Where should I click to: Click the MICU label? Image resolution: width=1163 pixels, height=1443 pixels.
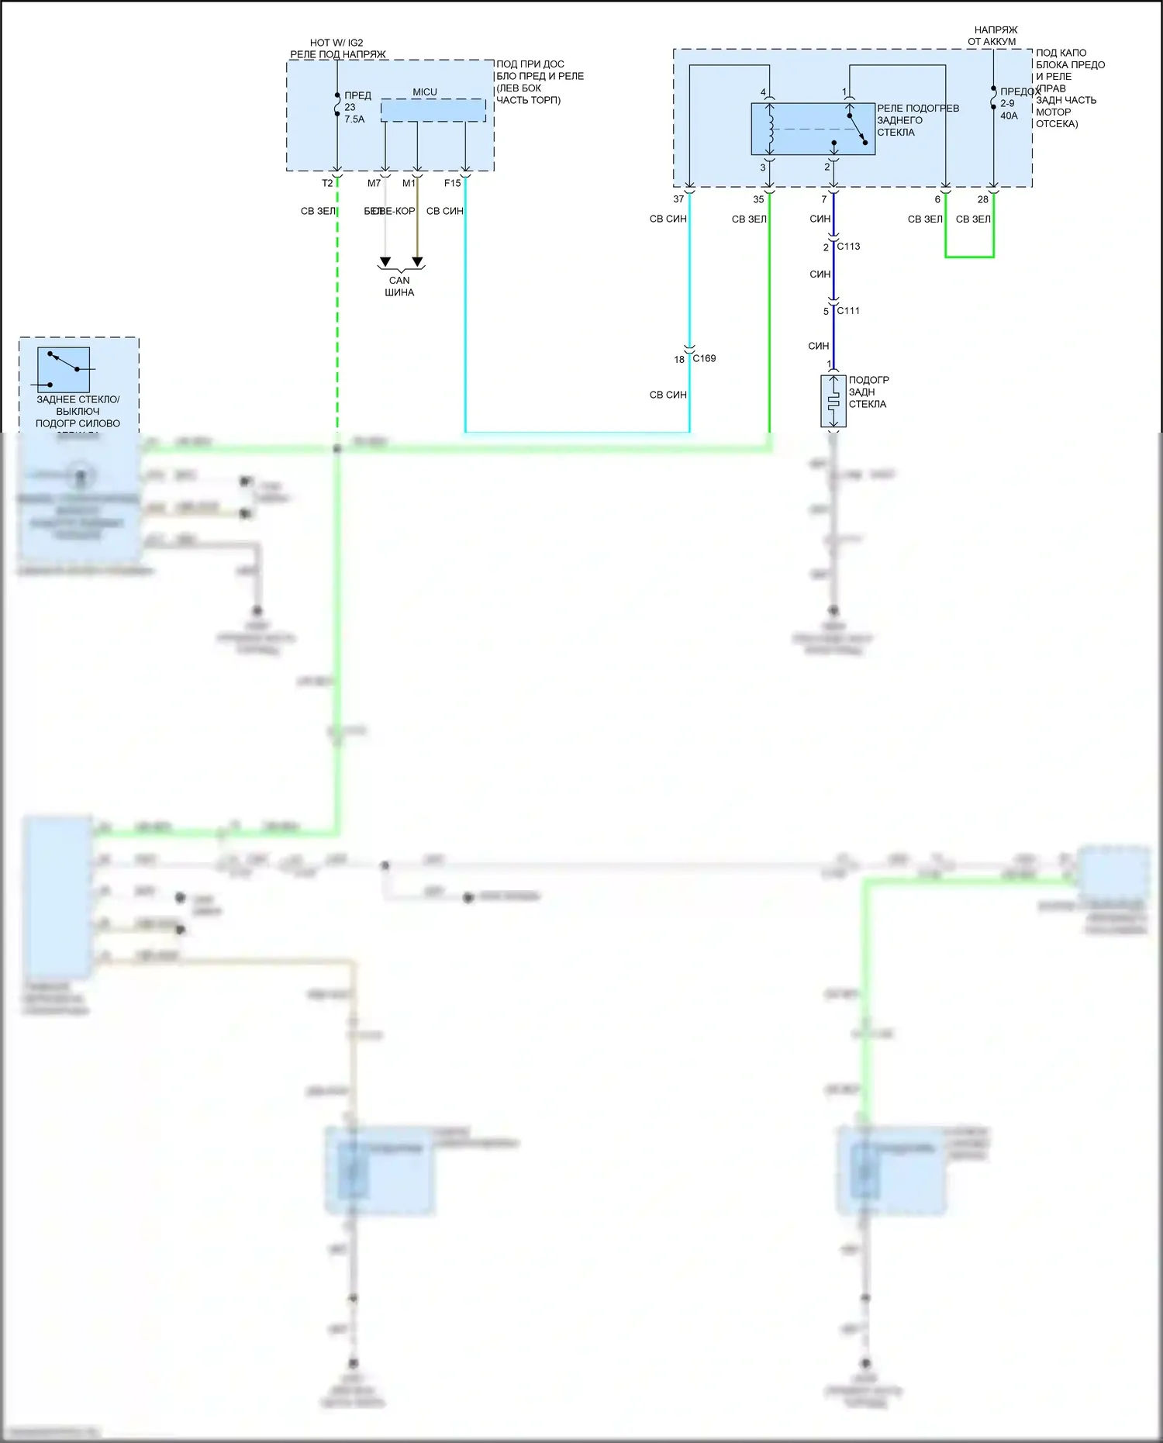click(x=424, y=92)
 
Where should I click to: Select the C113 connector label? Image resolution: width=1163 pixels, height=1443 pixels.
click(x=848, y=247)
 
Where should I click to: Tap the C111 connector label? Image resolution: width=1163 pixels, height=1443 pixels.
click(x=848, y=311)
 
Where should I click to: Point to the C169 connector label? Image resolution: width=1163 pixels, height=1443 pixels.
click(x=704, y=358)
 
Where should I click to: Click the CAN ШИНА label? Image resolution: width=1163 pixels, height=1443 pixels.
click(x=399, y=286)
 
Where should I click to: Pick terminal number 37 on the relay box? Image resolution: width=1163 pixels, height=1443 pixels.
click(x=678, y=199)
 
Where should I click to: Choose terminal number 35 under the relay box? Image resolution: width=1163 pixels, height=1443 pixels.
click(x=758, y=199)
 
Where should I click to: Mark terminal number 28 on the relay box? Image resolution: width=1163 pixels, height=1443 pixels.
click(x=982, y=199)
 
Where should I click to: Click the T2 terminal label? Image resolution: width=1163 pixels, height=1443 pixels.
click(x=327, y=184)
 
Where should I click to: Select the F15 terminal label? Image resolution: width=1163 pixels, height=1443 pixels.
click(x=452, y=184)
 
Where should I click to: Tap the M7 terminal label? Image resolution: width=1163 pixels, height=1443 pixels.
click(x=374, y=184)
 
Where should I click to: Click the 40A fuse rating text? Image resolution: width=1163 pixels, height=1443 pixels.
click(x=1009, y=116)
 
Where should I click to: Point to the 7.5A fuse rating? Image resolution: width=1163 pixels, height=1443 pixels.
click(x=354, y=119)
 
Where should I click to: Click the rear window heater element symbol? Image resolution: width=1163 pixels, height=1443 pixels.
click(x=833, y=402)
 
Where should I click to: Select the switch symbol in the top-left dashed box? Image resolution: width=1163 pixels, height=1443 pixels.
click(x=64, y=369)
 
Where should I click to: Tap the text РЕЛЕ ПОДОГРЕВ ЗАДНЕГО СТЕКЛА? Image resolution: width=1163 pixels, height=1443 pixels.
click(x=917, y=120)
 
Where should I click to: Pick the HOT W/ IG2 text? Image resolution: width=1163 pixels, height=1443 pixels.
click(x=336, y=43)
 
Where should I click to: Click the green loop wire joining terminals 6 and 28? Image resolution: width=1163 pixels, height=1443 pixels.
click(x=969, y=257)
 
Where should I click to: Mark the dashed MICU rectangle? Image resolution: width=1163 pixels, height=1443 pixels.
click(x=433, y=110)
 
